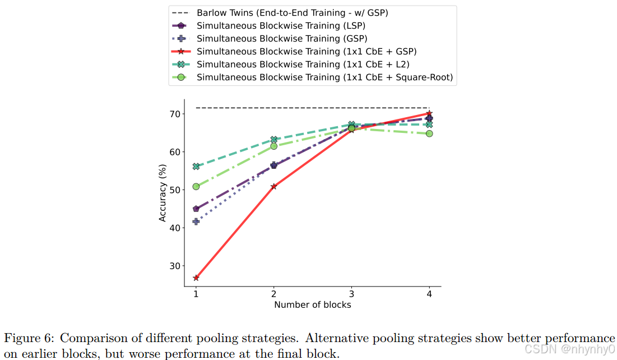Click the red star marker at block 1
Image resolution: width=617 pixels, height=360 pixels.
(196, 278)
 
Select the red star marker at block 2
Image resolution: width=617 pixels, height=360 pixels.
(273, 186)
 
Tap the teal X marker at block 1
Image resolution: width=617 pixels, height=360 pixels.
(196, 167)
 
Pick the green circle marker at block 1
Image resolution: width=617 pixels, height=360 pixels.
(196, 187)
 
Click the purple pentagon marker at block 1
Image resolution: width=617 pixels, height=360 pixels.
(196, 209)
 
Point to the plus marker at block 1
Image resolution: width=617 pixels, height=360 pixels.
(196, 221)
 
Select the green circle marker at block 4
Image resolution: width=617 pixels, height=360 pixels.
(429, 133)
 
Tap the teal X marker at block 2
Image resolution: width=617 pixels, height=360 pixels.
(274, 139)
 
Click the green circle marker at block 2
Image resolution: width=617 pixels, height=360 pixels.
(274, 146)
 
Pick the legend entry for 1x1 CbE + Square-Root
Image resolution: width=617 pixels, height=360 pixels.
(324, 77)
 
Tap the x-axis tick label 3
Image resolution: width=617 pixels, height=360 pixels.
(351, 294)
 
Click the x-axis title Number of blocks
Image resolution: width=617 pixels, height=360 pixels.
(313, 304)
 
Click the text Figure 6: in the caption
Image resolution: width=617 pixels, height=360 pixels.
(29, 338)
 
